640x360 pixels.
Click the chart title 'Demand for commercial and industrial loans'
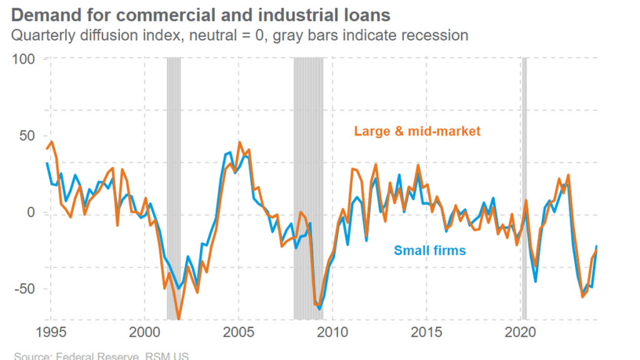pos(201,14)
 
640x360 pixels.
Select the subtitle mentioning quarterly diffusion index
pos(240,35)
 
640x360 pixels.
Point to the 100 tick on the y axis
pos(24,59)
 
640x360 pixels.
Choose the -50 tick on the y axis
pos(25,289)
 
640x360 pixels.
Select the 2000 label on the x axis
pos(144,331)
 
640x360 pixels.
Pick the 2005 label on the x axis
pos(238,331)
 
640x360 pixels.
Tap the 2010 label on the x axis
pos(332,331)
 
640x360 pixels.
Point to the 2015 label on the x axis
pos(427,331)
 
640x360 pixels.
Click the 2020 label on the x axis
pos(521,331)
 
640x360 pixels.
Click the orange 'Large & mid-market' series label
pos(417,131)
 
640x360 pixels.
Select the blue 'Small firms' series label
pos(429,251)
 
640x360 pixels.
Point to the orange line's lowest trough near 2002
pos(179,318)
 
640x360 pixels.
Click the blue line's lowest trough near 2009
pos(319,309)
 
